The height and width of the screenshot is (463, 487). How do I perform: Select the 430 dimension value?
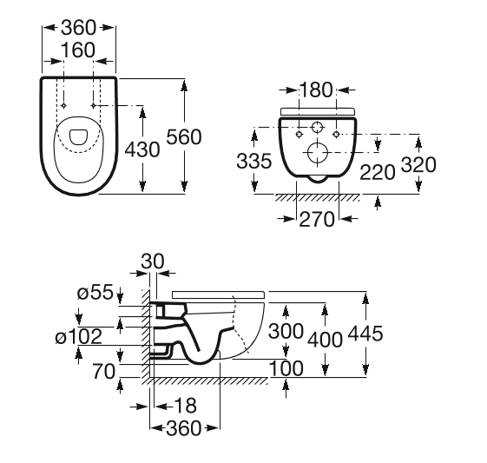pos(143,149)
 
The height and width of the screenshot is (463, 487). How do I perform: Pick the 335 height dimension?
pos(253,160)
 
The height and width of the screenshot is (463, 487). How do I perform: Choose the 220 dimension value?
pos(377,172)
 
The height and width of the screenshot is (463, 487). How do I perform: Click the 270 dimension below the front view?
pos(317,220)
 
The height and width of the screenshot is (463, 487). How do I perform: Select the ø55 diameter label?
pos(95,294)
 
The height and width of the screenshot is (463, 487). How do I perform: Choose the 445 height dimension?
pos(365,334)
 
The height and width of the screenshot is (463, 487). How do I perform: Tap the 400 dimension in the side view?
pos(325,339)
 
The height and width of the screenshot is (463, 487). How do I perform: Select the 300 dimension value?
pos(285,331)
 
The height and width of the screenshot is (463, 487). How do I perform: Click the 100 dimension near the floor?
pos(286,368)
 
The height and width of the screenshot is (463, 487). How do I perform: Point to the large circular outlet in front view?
pos(316,154)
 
